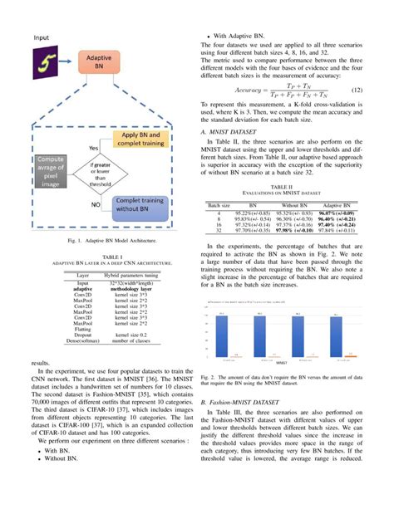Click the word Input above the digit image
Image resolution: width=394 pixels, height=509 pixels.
42,38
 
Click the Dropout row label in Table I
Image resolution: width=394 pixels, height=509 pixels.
83,334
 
